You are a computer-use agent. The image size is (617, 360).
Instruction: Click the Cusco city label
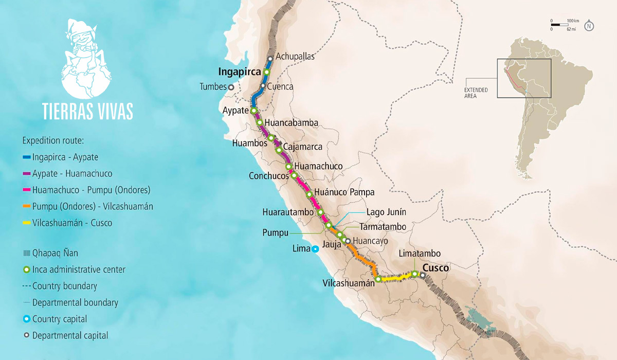click(x=435, y=268)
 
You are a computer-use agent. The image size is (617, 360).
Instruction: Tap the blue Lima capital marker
click(x=315, y=249)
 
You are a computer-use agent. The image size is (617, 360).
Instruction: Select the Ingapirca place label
click(x=240, y=71)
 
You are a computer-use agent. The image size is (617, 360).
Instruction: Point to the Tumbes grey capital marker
click(x=231, y=87)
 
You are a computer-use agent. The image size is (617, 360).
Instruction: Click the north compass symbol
click(x=589, y=26)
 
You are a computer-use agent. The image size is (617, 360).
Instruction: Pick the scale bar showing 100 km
click(x=558, y=25)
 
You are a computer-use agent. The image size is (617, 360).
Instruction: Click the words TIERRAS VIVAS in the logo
click(x=88, y=111)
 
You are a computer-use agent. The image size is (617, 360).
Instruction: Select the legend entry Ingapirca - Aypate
click(x=65, y=157)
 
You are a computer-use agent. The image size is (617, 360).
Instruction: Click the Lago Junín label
click(x=386, y=212)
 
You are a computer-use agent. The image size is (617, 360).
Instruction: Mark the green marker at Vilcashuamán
click(x=378, y=279)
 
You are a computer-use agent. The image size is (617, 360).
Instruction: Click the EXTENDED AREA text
click(x=477, y=93)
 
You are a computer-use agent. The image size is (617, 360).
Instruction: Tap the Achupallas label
click(x=295, y=57)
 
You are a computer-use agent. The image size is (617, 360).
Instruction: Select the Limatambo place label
click(x=420, y=254)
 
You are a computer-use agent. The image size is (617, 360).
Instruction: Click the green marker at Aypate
click(x=253, y=111)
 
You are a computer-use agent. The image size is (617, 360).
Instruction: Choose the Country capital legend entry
click(x=59, y=319)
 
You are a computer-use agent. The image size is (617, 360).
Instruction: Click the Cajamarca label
click(x=303, y=147)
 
